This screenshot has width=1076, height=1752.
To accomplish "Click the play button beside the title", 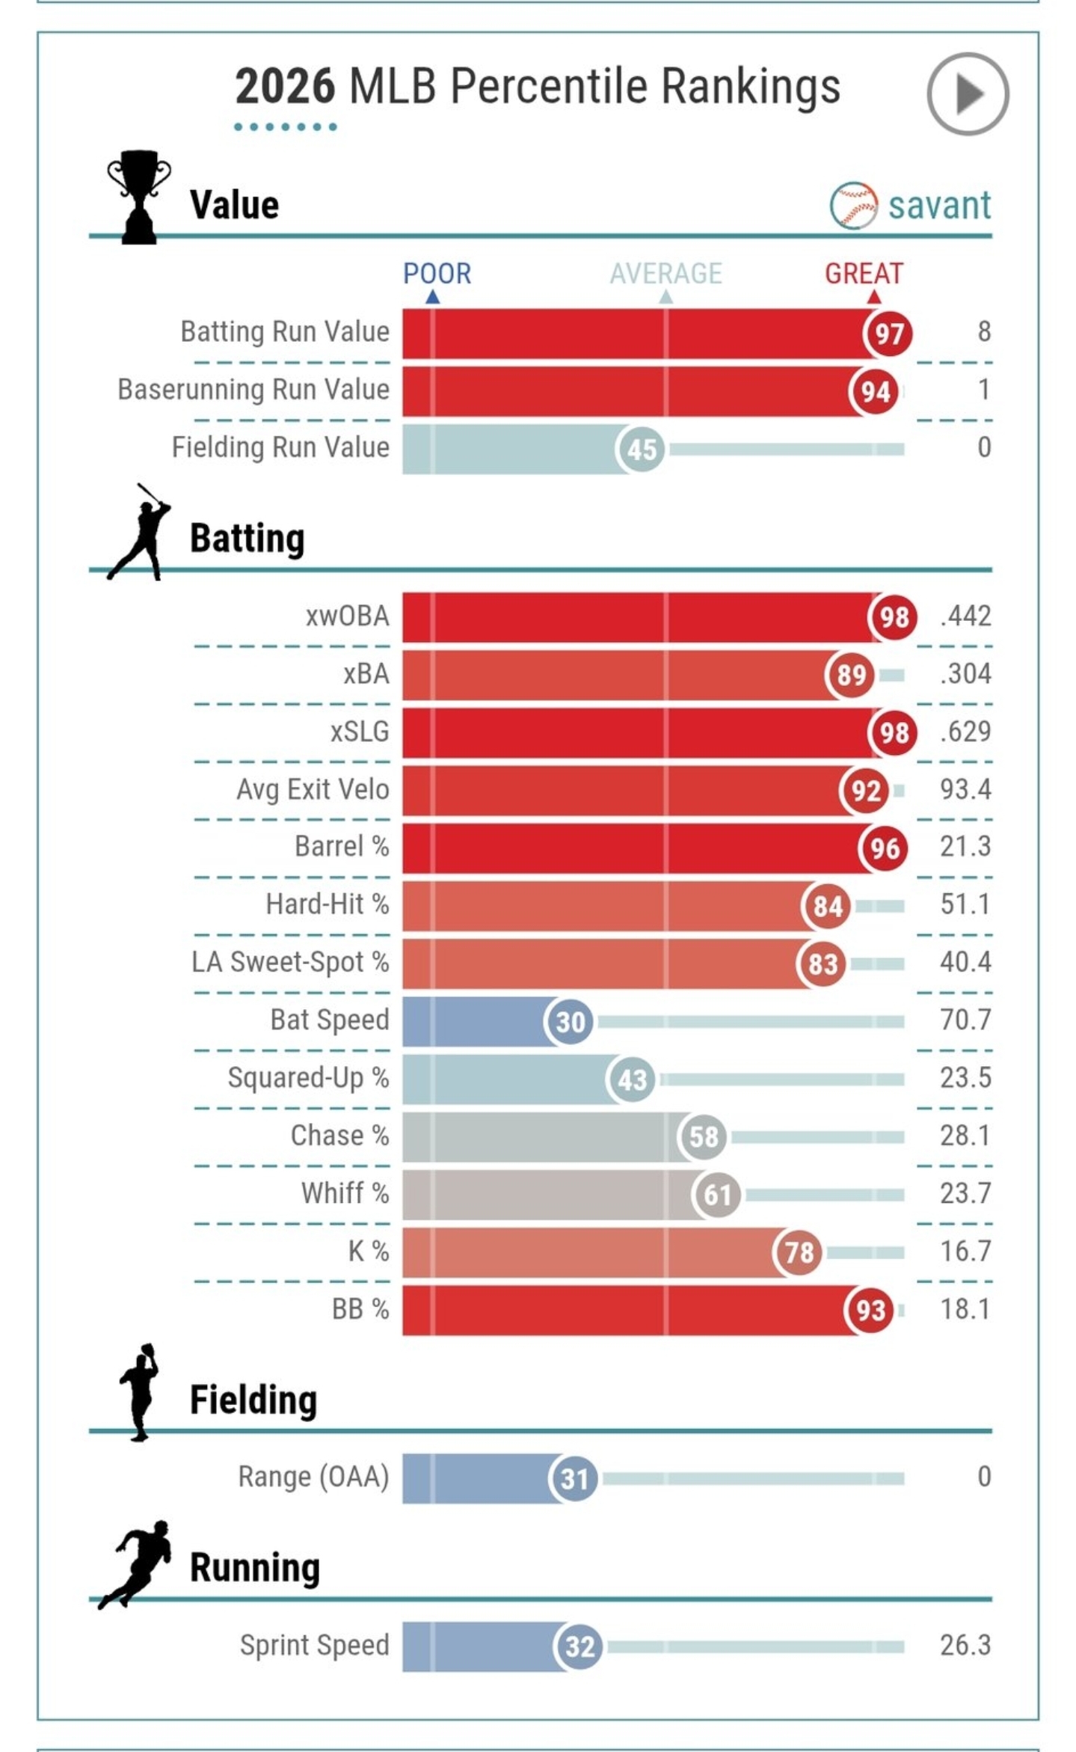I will click(968, 94).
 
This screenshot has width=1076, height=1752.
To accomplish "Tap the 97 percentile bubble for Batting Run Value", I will click(888, 334).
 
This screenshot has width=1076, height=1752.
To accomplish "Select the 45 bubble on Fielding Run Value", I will click(641, 450).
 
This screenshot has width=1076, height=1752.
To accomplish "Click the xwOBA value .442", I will click(965, 616).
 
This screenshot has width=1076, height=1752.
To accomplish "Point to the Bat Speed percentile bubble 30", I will click(571, 1022).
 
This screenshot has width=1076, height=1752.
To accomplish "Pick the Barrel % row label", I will click(342, 847).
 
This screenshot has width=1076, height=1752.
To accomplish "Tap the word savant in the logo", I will click(939, 206).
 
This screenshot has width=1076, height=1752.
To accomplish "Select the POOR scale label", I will click(437, 274).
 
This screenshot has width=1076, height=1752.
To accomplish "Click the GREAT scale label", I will click(864, 274).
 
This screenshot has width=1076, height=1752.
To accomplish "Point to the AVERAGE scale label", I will click(665, 274).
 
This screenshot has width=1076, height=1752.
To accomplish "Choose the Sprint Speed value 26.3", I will click(965, 1645).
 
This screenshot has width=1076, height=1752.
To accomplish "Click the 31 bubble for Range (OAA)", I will click(574, 1479).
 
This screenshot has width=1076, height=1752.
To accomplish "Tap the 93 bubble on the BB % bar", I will click(870, 1311).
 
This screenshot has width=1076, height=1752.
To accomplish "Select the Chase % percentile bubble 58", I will click(703, 1137).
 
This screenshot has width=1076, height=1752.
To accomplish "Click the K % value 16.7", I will click(965, 1251).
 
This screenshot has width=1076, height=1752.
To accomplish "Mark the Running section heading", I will click(254, 1569).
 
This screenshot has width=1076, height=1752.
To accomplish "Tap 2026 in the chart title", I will click(285, 87).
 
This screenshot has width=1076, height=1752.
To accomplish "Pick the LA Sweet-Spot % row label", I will click(290, 962).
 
